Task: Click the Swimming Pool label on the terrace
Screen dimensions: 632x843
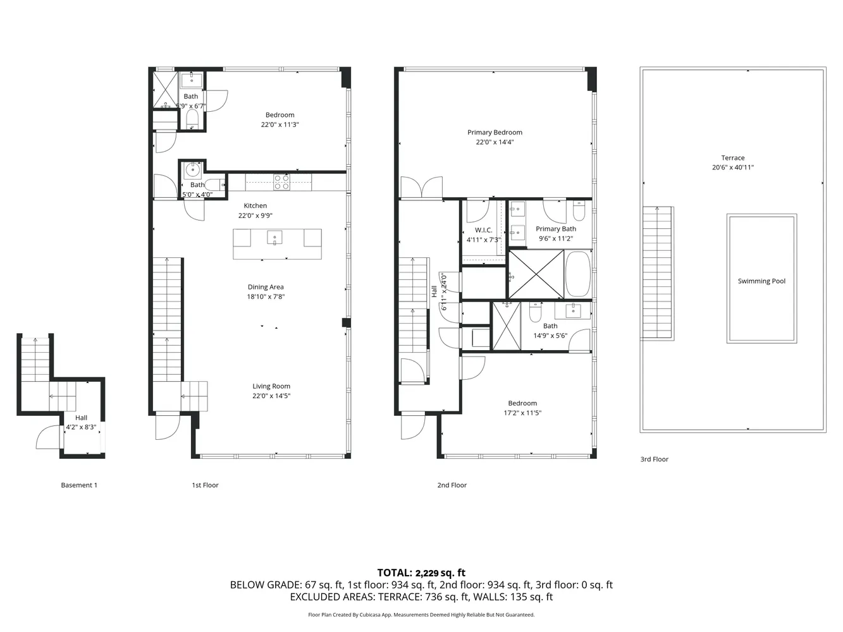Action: click(761, 281)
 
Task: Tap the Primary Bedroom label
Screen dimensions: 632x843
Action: click(495, 133)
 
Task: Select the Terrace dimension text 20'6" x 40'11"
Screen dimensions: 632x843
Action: click(732, 167)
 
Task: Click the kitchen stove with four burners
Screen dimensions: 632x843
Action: click(281, 183)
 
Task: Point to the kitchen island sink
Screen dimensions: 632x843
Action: click(274, 238)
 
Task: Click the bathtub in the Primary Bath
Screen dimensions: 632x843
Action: click(577, 274)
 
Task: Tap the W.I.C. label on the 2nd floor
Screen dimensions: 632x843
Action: click(483, 230)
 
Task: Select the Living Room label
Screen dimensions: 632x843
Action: click(271, 386)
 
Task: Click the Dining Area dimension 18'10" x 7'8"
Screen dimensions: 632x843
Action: click(266, 296)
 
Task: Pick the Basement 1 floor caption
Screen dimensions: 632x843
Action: click(79, 485)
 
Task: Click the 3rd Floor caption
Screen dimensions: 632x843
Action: click(654, 459)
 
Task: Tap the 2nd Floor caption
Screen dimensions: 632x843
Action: click(452, 485)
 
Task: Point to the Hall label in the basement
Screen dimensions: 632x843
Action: click(81, 418)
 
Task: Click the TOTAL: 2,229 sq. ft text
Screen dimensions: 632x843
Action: click(421, 573)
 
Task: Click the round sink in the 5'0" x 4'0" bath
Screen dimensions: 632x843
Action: click(192, 169)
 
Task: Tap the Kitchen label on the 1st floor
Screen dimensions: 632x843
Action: click(255, 206)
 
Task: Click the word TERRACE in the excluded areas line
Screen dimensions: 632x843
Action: click(397, 597)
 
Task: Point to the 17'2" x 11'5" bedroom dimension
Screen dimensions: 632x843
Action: click(522, 413)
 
